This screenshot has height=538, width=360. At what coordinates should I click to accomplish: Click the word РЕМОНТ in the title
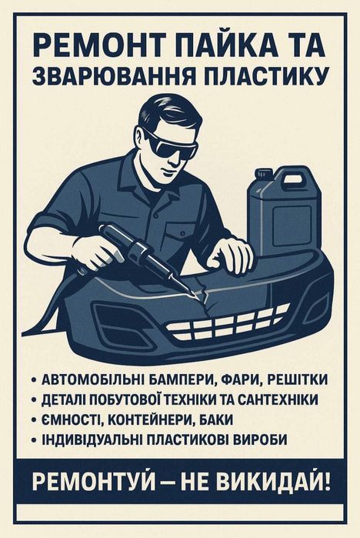coord(92,45)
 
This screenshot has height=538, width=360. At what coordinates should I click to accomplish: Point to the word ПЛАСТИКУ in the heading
coord(262,75)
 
